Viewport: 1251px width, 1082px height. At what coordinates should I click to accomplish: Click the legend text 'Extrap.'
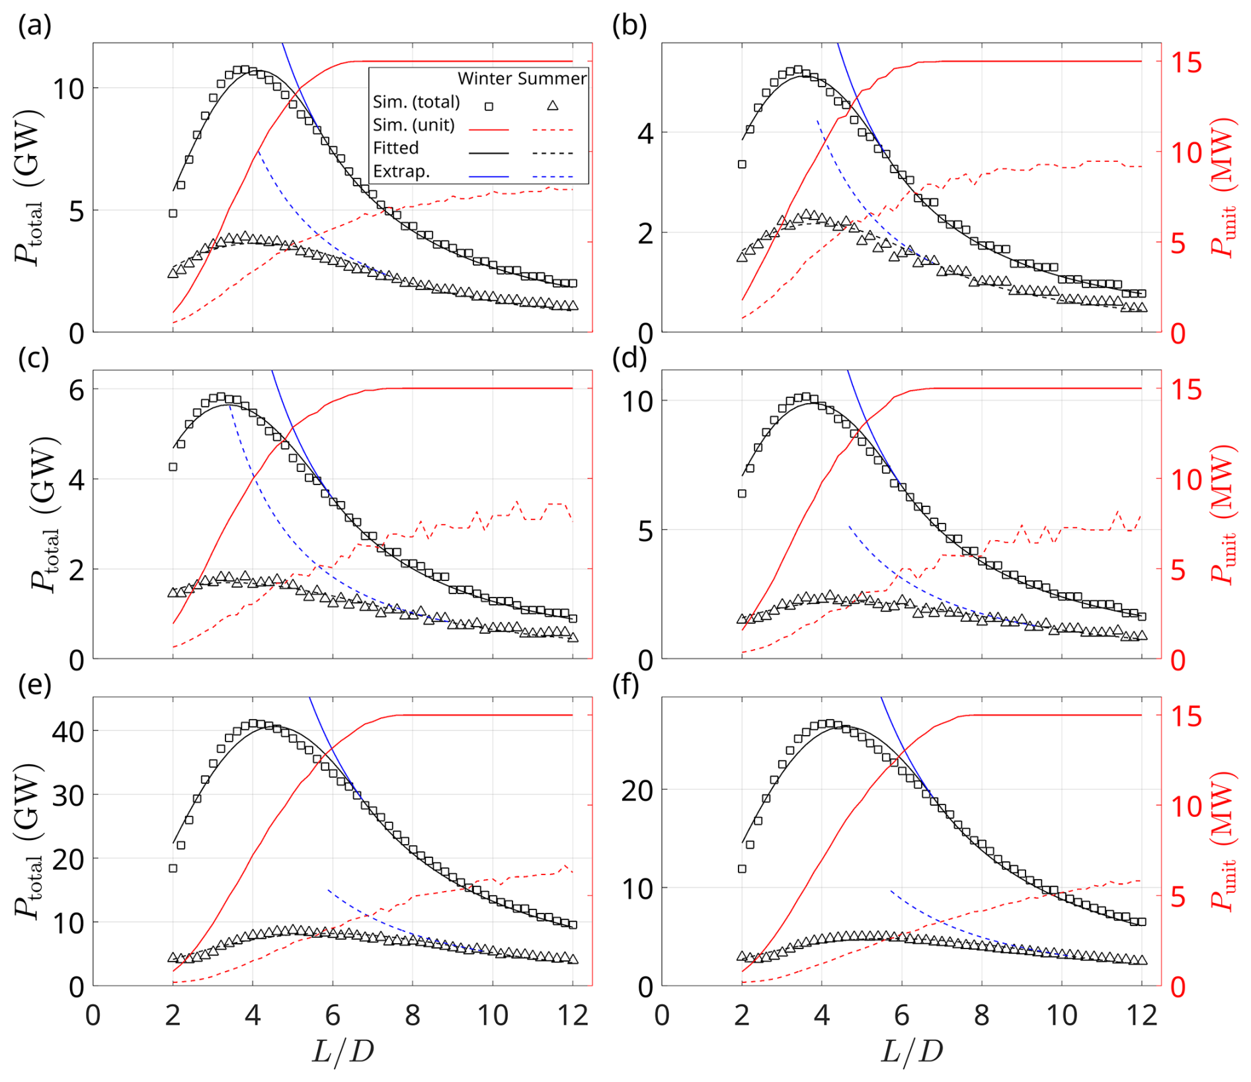(x=401, y=171)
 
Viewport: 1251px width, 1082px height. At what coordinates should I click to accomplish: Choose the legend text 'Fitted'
(x=396, y=147)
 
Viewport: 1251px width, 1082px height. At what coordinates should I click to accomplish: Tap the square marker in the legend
(x=489, y=106)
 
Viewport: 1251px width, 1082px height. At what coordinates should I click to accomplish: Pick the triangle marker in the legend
(x=553, y=105)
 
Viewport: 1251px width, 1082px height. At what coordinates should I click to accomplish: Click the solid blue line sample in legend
(x=489, y=176)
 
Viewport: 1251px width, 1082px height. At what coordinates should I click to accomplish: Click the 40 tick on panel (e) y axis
(x=67, y=731)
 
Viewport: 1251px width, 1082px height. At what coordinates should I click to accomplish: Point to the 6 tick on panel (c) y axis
(x=76, y=390)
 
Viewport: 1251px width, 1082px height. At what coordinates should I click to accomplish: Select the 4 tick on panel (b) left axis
(x=645, y=134)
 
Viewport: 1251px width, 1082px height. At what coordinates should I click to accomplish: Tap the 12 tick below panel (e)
(x=573, y=1015)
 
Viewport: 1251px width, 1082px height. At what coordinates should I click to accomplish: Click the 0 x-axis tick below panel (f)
(x=662, y=1015)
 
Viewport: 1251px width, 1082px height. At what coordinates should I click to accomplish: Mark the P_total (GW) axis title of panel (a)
(x=29, y=188)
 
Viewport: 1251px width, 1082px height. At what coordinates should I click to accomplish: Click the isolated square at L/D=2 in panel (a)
(x=173, y=213)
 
